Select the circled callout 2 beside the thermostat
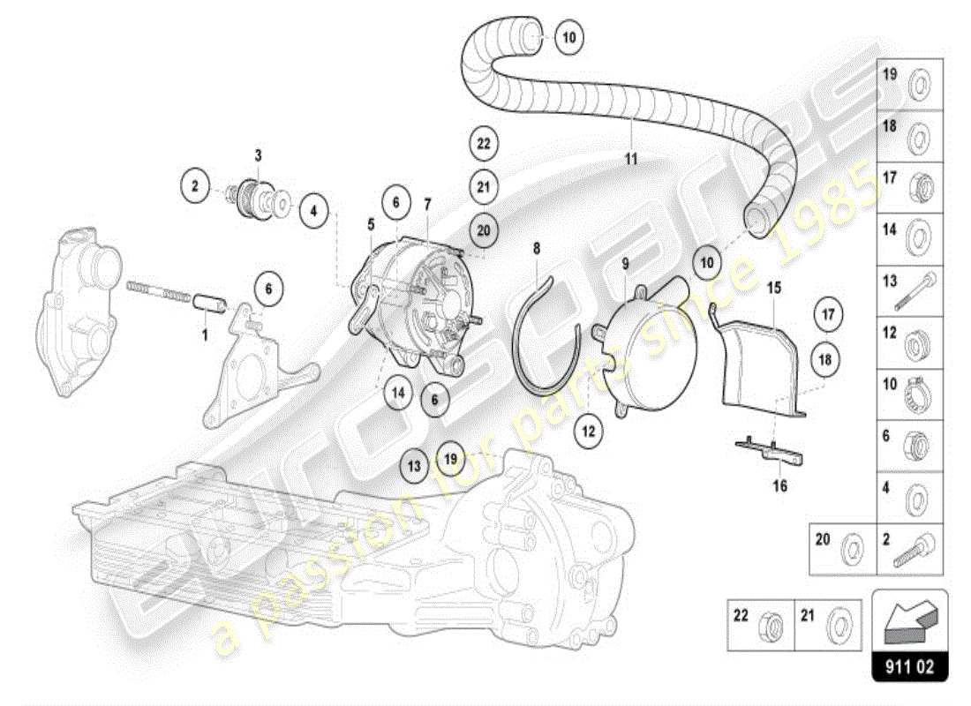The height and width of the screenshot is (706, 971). click(196, 186)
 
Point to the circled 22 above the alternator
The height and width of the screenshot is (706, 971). click(483, 143)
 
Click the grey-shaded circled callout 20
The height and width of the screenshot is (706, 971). click(483, 229)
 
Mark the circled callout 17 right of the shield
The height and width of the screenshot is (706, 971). click(827, 313)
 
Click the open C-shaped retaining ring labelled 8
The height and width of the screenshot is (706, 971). click(540, 335)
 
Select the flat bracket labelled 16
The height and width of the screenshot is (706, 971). click(772, 450)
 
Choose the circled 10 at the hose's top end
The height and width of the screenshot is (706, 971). click(568, 37)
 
